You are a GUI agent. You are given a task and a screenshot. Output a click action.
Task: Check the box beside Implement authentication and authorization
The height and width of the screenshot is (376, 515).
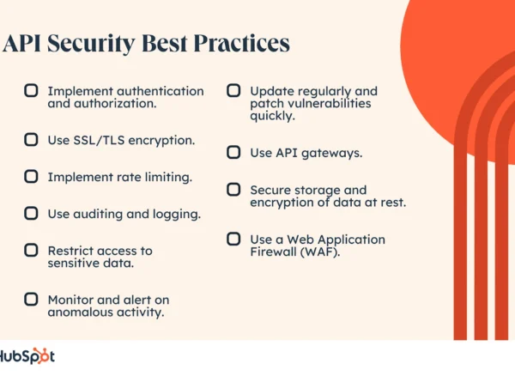tap(31, 90)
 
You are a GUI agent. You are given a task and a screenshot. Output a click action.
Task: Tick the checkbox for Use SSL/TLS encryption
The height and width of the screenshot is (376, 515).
tap(31, 138)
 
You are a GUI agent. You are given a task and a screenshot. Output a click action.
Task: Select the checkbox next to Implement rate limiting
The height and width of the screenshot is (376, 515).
tap(31, 176)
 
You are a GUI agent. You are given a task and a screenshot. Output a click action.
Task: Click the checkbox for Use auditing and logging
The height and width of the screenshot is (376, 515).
tap(31, 213)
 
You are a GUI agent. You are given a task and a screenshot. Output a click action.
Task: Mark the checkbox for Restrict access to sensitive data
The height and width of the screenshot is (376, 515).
tap(31, 251)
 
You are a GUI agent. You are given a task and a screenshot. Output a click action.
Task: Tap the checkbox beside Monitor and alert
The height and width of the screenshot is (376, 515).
tap(31, 299)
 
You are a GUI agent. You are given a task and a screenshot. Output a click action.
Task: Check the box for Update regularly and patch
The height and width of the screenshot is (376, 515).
tap(233, 90)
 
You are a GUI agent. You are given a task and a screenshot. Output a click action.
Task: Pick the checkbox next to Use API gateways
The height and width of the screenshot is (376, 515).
tap(233, 152)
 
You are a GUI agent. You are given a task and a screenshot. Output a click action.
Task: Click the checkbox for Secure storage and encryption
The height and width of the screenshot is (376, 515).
tap(233, 189)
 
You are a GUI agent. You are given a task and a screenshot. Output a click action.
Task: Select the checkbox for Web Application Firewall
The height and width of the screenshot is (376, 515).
tap(233, 239)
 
